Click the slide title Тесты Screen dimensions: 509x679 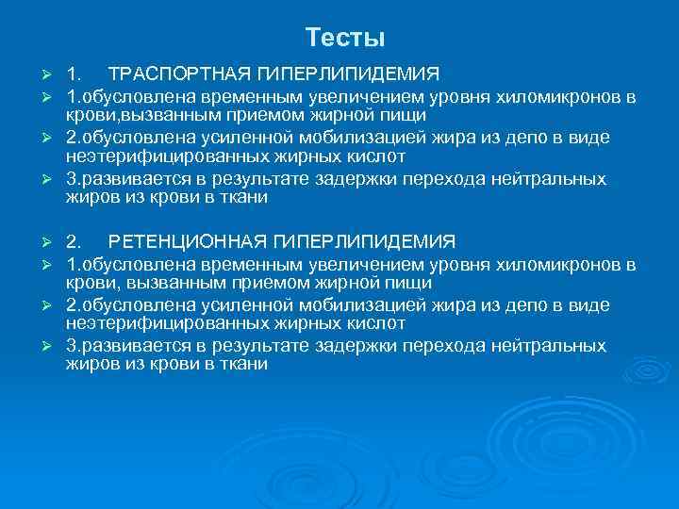pos(345,38)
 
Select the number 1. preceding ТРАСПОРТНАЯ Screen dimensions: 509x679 pos(74,74)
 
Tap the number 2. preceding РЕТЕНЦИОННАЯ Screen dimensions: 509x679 pos(74,241)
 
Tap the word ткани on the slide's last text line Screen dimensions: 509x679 pos(247,364)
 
